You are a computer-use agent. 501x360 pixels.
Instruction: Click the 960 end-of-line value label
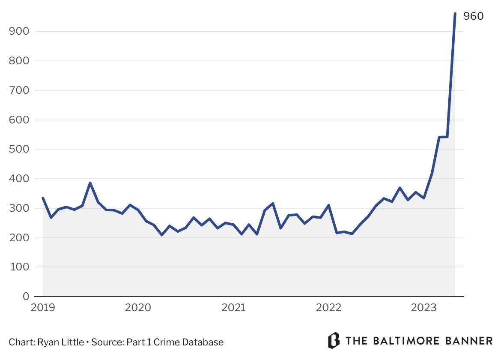[474, 17]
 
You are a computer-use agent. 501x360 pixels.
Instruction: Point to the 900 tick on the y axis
[19, 31]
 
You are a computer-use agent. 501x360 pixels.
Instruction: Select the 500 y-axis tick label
[19, 149]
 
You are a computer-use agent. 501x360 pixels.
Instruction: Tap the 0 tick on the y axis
[25, 297]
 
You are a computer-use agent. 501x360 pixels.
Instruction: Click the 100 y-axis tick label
[19, 267]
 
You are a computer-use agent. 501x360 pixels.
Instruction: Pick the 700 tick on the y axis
[19, 90]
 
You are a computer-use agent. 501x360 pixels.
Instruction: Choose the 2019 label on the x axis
[43, 308]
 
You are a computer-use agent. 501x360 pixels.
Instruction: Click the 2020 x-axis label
[138, 308]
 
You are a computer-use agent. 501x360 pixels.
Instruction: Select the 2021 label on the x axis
[233, 308]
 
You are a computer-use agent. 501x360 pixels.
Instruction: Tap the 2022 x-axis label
[328, 308]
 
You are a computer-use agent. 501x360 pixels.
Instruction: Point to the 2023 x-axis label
[423, 308]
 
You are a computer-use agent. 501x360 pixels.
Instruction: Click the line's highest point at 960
[455, 14]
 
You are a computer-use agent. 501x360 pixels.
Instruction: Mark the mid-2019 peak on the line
[90, 183]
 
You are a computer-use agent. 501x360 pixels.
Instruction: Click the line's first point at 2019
[43, 198]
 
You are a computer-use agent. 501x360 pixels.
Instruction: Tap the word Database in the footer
[204, 342]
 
